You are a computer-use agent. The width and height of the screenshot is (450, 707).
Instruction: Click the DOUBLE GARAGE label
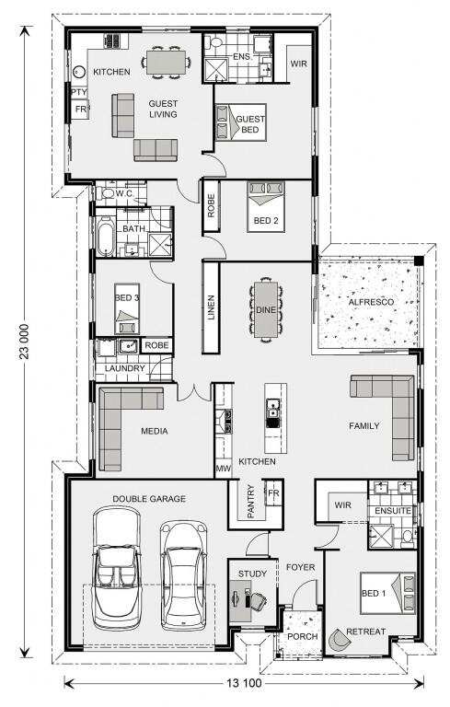click(x=149, y=498)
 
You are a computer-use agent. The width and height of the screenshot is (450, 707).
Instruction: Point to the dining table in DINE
click(x=265, y=311)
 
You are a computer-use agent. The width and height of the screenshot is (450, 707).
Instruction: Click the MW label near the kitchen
click(x=222, y=469)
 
